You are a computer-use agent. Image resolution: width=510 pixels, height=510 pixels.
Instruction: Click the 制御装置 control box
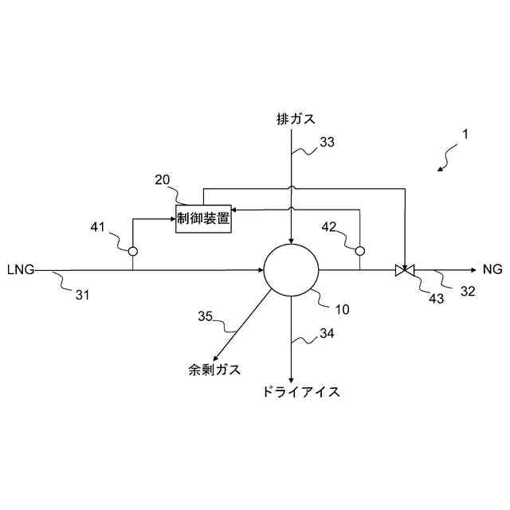[x=203, y=218]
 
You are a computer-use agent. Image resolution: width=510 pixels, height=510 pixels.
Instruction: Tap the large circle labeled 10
[x=292, y=271]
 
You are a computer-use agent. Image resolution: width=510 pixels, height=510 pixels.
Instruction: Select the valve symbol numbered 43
[x=406, y=271]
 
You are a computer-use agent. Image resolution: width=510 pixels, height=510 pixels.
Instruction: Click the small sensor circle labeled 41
[x=133, y=251]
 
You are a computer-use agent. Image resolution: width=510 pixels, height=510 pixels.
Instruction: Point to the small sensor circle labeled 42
[x=360, y=251]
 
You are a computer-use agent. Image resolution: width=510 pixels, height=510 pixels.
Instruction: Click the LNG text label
[x=20, y=270]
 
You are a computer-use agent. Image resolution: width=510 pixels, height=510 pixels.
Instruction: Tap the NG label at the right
[x=492, y=270]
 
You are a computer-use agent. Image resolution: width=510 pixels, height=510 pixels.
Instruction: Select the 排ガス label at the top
[x=296, y=120]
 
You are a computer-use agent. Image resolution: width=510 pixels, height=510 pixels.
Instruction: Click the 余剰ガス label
[x=214, y=370]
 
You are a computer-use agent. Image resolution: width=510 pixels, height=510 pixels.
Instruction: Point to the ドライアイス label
[x=300, y=392]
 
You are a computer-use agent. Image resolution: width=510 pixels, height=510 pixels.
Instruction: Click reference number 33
[x=327, y=143]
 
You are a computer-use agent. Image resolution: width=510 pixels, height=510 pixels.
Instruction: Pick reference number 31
[x=83, y=296]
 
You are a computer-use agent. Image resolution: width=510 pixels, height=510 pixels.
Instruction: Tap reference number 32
[x=468, y=292]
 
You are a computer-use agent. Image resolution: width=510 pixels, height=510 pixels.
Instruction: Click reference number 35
[x=206, y=316]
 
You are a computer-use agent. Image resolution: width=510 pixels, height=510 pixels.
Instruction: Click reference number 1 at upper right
[x=465, y=135]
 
